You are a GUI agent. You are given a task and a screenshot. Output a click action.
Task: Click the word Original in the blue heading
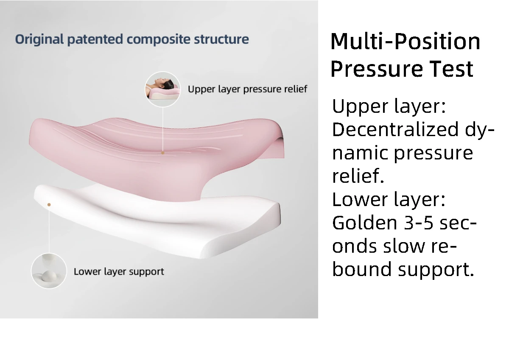(x=39, y=39)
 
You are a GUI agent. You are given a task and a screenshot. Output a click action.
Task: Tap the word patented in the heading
(x=95, y=39)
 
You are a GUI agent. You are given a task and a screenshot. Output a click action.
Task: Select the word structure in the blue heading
(x=221, y=39)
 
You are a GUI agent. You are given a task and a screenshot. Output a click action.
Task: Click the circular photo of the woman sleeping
(x=163, y=89)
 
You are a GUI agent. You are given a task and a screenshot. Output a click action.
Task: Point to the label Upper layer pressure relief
(x=247, y=89)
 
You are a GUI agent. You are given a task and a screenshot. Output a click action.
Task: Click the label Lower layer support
(x=119, y=272)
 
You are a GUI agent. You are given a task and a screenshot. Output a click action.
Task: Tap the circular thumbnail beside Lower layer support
(x=49, y=271)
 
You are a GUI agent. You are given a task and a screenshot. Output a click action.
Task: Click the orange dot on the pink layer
(x=163, y=153)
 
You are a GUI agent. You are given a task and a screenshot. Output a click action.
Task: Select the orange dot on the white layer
(x=49, y=205)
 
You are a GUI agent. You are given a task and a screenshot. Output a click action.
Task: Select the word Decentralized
(x=395, y=129)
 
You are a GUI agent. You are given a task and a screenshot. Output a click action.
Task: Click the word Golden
(x=365, y=223)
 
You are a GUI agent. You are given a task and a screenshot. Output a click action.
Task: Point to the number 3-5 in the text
(x=419, y=223)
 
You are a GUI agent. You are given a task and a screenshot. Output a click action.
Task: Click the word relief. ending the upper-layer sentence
(x=358, y=176)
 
